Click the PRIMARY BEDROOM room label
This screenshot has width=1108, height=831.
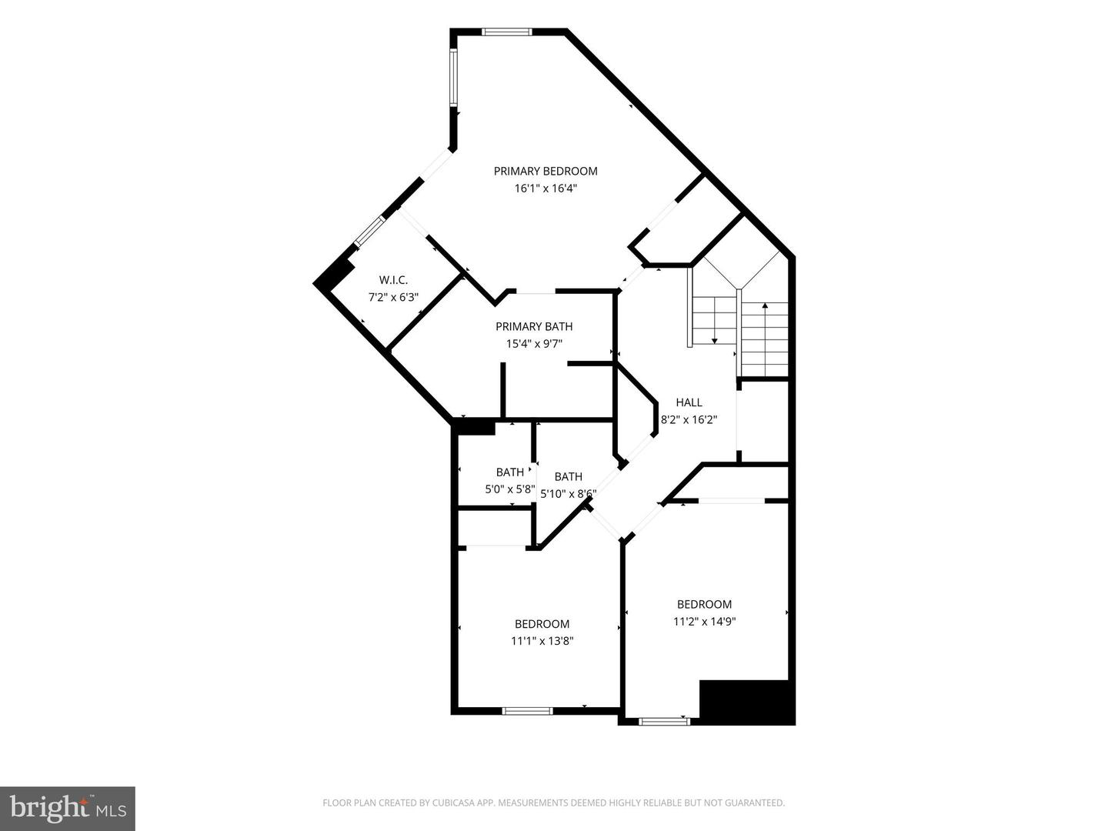coord(546,171)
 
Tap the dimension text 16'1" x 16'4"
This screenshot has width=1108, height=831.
coord(546,189)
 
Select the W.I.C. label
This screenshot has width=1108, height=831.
coord(393,279)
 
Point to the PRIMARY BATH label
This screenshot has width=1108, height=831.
coord(534,326)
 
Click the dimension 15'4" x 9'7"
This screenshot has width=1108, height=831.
coord(534,344)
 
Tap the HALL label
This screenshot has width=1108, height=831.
coord(689,402)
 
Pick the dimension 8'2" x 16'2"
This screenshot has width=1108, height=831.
coord(689,419)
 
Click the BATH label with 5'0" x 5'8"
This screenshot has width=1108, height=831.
coord(509,472)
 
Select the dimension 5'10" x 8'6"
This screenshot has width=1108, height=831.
coord(569,494)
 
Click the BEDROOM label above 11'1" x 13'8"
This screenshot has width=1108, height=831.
coord(542,623)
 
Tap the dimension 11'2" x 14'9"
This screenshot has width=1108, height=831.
coord(705,622)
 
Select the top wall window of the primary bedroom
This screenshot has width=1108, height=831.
coord(506,32)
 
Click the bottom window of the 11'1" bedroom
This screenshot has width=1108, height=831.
coord(528,710)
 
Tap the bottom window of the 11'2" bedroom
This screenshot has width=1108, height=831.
coord(663,721)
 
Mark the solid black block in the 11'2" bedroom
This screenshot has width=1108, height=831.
coord(746,702)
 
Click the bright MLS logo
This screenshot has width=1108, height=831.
coord(67,808)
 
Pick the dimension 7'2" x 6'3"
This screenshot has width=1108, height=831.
coord(393,297)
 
